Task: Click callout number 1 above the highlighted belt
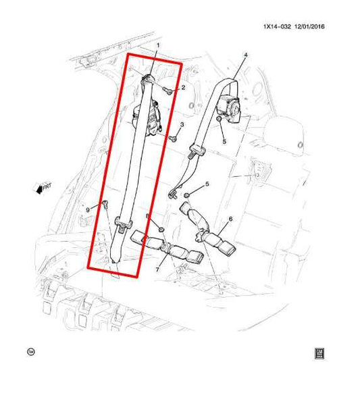click(158, 46)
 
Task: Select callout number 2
click(182, 88)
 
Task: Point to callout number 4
click(245, 55)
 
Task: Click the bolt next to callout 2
click(168, 88)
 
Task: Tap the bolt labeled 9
click(105, 204)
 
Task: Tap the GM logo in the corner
click(319, 353)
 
